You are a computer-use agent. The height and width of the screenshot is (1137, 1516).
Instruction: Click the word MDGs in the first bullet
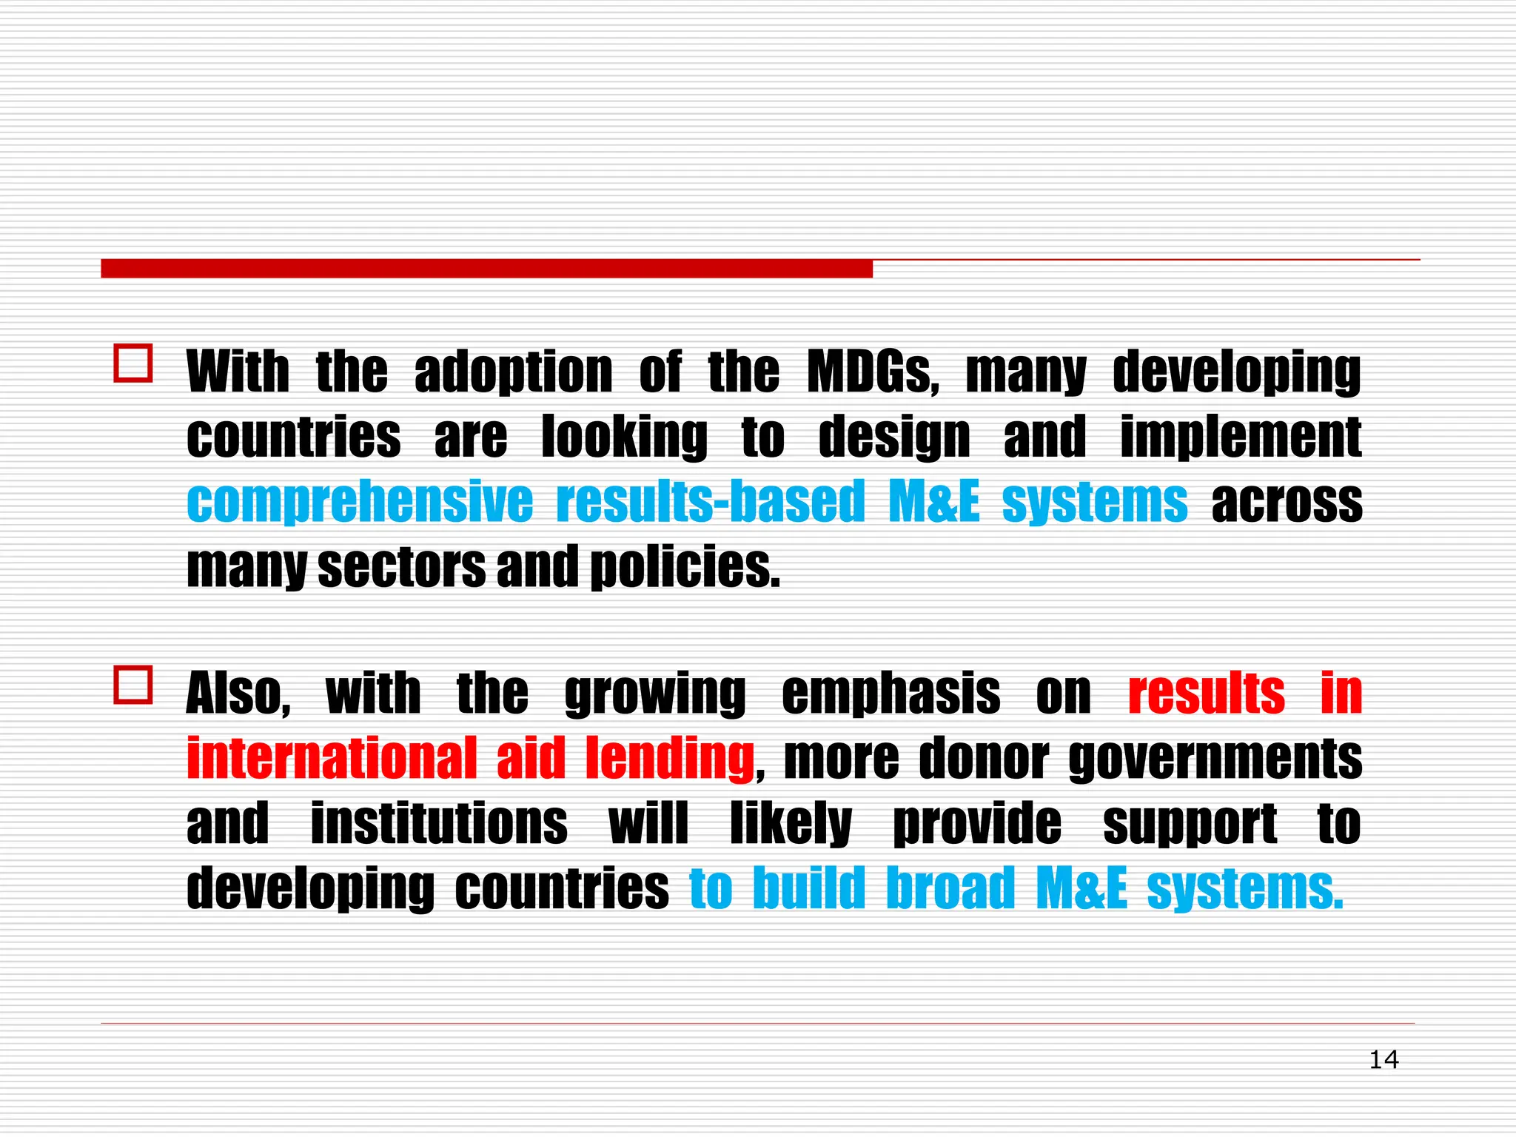tap(872, 372)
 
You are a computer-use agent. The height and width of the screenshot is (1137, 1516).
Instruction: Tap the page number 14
tap(1383, 1059)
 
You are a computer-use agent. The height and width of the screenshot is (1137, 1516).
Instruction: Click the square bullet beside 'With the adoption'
tap(133, 363)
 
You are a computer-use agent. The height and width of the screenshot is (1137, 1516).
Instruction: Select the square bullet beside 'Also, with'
tap(133, 685)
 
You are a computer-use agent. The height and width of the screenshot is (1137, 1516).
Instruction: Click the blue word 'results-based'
tap(710, 502)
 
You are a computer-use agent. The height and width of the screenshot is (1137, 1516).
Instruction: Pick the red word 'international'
tap(332, 758)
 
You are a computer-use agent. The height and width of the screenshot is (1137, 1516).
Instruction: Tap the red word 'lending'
tap(669, 758)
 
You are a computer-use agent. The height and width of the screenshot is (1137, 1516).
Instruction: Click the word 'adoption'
tap(513, 372)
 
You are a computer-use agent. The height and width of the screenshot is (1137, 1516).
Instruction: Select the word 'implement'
tap(1241, 437)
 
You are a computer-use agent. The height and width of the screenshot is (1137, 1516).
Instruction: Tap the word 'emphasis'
tap(891, 694)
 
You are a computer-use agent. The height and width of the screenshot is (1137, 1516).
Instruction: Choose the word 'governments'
tap(1215, 758)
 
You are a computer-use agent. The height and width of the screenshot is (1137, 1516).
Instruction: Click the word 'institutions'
tap(439, 822)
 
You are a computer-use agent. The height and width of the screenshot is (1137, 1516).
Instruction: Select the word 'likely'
tap(791, 824)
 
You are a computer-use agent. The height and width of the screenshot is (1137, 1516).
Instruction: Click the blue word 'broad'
tap(950, 888)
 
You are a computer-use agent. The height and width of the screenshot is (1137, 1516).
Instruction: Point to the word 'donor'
tap(983, 758)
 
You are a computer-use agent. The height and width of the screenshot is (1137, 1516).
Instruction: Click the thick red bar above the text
tap(486, 269)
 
